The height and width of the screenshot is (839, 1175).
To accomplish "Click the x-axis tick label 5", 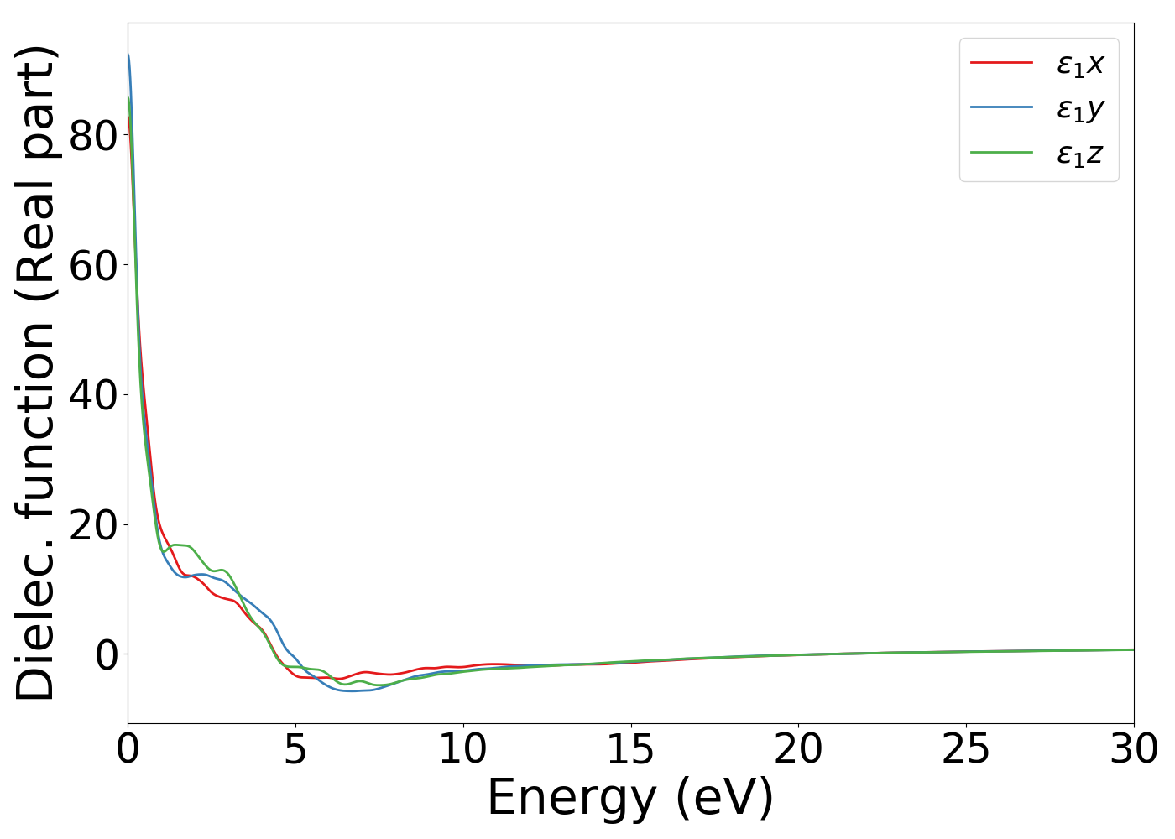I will click(295, 749).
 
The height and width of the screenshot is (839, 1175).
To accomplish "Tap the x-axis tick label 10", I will click(462, 749).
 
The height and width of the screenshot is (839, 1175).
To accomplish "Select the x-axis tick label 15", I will click(630, 749).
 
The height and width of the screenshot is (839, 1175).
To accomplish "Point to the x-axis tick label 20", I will click(798, 749).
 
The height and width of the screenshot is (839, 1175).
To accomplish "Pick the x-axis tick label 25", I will click(966, 749).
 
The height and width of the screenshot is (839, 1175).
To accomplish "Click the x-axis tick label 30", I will click(1134, 749).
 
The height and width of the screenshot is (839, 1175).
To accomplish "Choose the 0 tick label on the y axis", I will click(107, 654).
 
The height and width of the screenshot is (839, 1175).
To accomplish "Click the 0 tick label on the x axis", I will click(128, 749).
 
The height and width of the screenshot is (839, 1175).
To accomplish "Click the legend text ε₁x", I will click(1080, 64).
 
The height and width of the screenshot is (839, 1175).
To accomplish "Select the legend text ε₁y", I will click(1080, 109).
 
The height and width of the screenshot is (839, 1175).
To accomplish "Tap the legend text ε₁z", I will click(1080, 154).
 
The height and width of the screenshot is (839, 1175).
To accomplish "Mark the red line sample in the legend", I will click(1001, 62).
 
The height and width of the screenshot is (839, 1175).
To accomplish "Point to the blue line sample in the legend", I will click(1001, 107).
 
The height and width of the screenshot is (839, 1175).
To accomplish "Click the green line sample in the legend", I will click(1001, 153).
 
